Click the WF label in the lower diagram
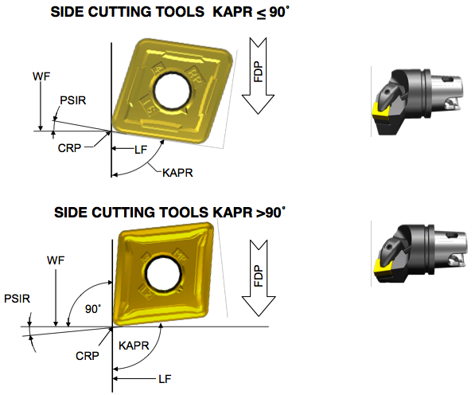coord(55,260)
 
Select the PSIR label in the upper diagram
coord(72,100)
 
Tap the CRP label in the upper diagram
coord(69,147)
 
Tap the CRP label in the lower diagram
coord(87,356)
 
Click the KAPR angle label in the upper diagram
coord(177,172)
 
